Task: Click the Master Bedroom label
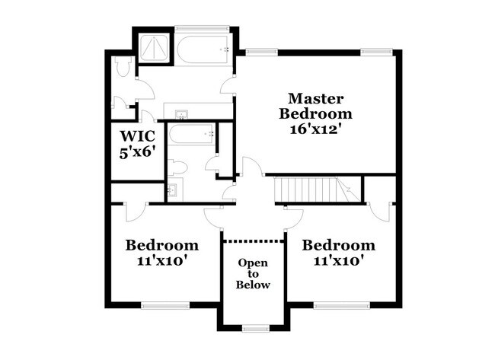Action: point(315,106)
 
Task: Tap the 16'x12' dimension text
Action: point(315,129)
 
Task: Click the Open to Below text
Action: point(253,273)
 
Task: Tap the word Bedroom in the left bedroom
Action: point(162,246)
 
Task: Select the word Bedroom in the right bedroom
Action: point(338,246)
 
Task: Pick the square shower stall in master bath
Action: point(155,48)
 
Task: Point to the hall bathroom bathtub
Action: point(191,135)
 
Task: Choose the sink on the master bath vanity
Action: point(183,115)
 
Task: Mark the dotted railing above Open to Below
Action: point(253,241)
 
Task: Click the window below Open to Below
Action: point(253,328)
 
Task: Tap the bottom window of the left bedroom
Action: point(164,306)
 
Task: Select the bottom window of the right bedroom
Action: point(337,306)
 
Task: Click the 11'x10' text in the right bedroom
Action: point(338,261)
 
